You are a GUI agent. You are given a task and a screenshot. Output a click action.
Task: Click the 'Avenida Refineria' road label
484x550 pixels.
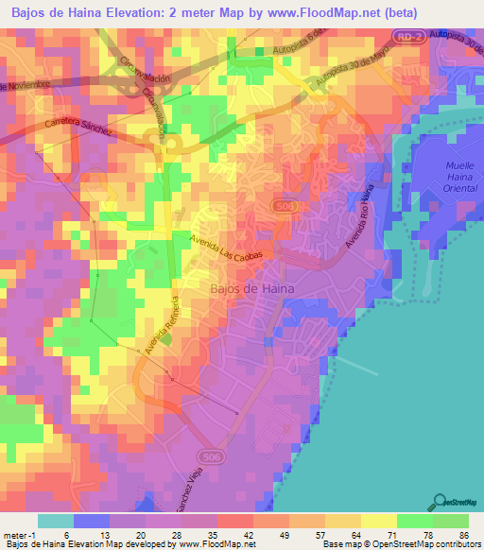click(162, 326)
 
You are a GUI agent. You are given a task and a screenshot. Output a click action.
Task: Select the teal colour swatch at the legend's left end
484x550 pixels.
click(56, 520)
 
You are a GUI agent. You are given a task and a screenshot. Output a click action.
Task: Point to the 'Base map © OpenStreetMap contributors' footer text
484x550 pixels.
click(401, 544)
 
